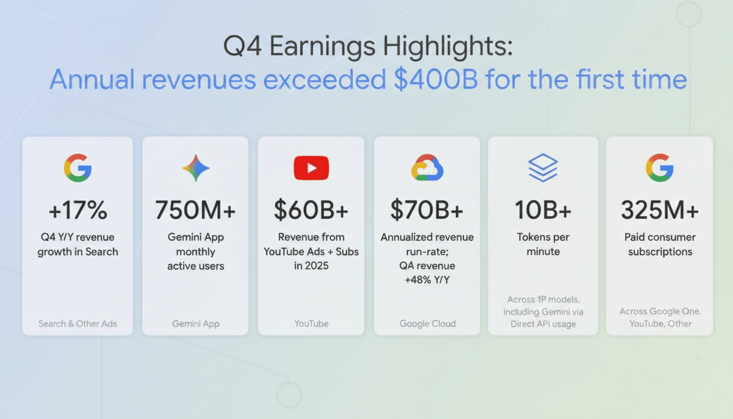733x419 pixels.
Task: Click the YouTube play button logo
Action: (311, 167)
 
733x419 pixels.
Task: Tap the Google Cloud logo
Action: (427, 167)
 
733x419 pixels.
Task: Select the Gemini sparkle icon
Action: (196, 167)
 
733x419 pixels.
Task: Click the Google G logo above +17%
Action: (77, 167)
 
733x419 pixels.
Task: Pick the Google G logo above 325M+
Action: (659, 167)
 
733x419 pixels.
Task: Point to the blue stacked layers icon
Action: (543, 167)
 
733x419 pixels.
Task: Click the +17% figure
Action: (77, 210)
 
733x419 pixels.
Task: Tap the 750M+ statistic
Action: (195, 210)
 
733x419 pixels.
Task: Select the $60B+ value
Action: (311, 210)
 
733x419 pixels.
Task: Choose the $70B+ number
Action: (427, 210)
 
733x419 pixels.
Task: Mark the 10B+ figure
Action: (543, 210)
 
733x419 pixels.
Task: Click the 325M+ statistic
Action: (659, 210)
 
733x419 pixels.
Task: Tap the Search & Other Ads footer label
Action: (77, 324)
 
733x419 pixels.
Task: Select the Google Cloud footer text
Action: (427, 324)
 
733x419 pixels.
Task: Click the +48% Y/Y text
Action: (427, 280)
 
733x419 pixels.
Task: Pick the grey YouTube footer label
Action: (311, 324)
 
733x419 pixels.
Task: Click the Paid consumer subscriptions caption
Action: (660, 244)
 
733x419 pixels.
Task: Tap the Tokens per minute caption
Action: (543, 244)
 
